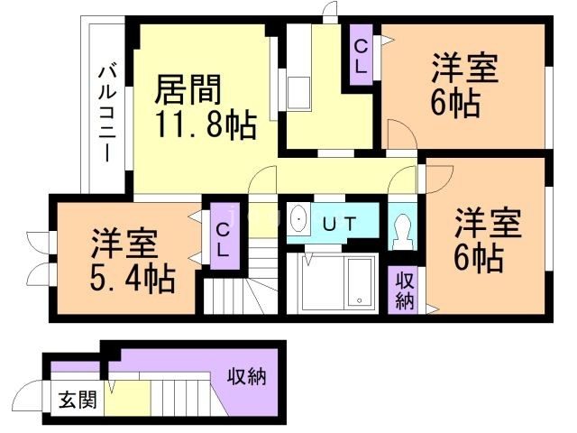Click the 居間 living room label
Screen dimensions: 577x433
[x=188, y=90]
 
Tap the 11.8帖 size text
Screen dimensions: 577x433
[x=206, y=124]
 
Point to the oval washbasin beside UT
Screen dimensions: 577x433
[x=298, y=219]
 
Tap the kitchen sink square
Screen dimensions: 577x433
[x=298, y=93]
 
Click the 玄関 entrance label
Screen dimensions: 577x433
[x=78, y=400]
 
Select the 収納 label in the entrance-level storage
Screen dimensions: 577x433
[x=246, y=376]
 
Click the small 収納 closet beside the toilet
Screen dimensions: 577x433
[x=405, y=290]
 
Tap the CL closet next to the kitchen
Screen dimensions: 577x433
[x=361, y=55]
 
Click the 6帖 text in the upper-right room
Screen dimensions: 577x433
[x=455, y=104]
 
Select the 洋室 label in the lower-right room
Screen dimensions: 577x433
[x=488, y=223]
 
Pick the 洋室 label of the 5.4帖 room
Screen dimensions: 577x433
[x=124, y=244]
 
